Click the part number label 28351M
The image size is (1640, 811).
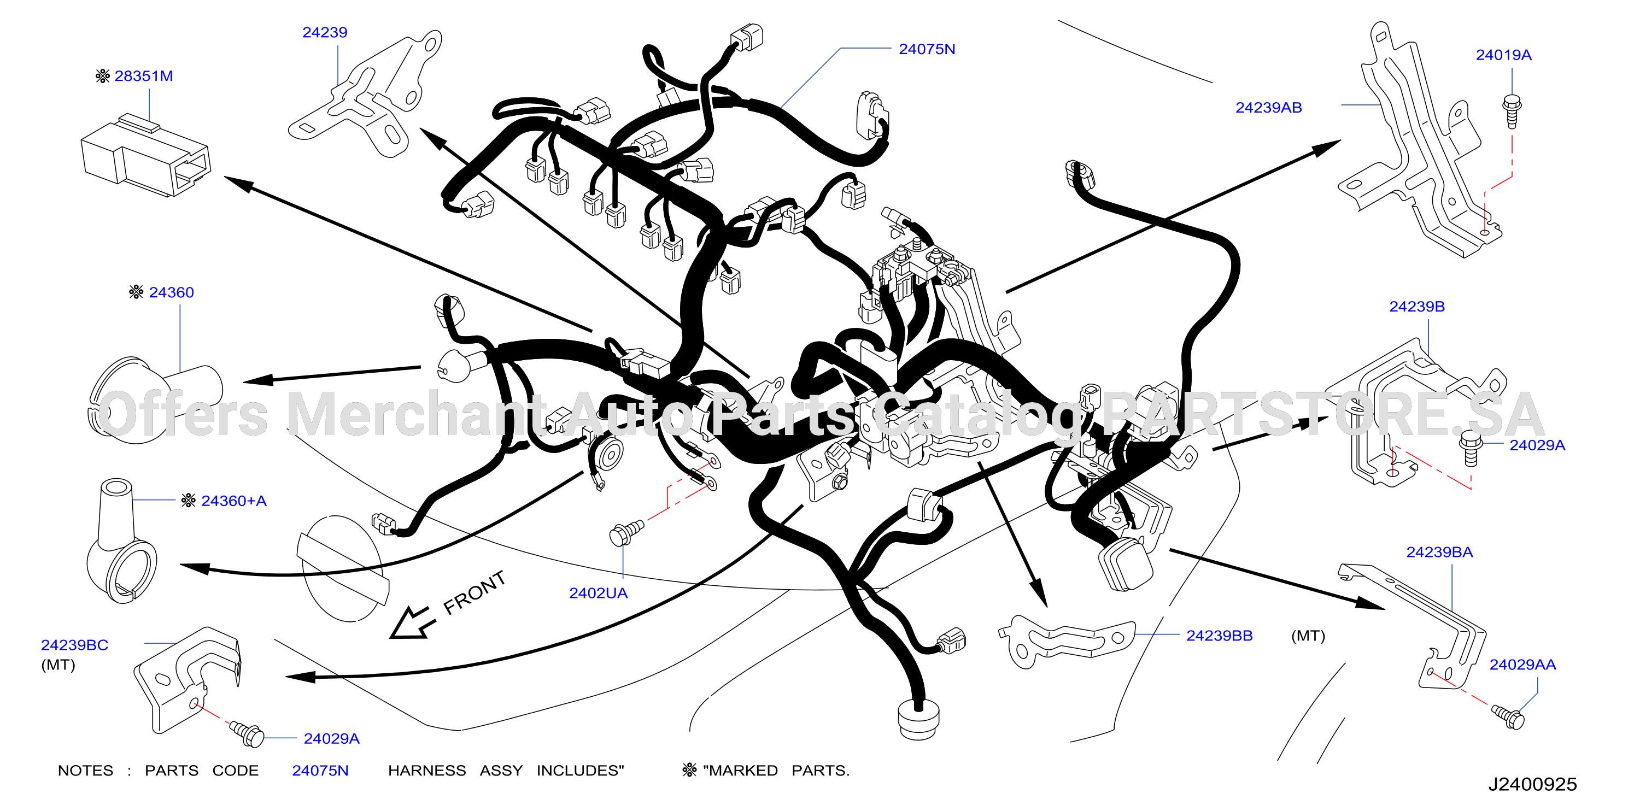pyautogui.click(x=143, y=77)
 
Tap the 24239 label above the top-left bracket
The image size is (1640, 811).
pyautogui.click(x=325, y=32)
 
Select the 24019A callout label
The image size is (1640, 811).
pyautogui.click(x=1503, y=55)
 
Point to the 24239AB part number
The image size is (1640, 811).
pyautogui.click(x=1268, y=108)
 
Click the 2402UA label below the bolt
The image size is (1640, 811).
pyautogui.click(x=598, y=593)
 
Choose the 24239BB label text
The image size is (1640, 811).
pyautogui.click(x=1219, y=636)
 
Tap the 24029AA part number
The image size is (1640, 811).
pyautogui.click(x=1522, y=665)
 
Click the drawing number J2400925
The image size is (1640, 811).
pyautogui.click(x=1532, y=784)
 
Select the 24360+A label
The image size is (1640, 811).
pyautogui.click(x=233, y=502)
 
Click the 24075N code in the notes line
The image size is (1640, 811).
pyautogui.click(x=320, y=771)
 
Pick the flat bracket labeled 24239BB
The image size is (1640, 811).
pyautogui.click(x=1067, y=641)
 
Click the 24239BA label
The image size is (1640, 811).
pyautogui.click(x=1439, y=553)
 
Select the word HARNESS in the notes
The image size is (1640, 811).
pyautogui.click(x=426, y=771)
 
